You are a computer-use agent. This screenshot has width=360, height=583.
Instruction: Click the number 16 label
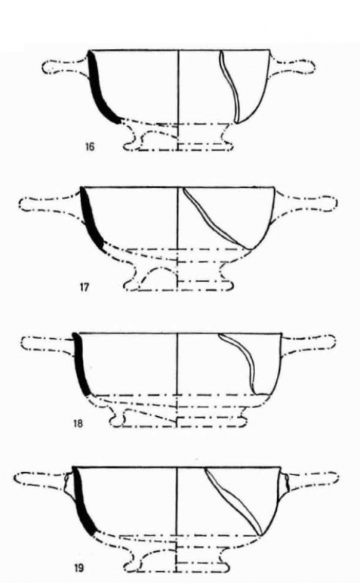click(x=90, y=146)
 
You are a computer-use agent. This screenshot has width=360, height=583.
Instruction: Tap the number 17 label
click(x=84, y=287)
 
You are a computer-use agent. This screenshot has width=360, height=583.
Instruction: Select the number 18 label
click(x=78, y=423)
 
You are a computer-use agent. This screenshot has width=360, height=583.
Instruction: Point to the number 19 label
click(x=79, y=568)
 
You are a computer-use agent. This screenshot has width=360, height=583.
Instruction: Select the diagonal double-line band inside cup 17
click(x=216, y=219)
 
